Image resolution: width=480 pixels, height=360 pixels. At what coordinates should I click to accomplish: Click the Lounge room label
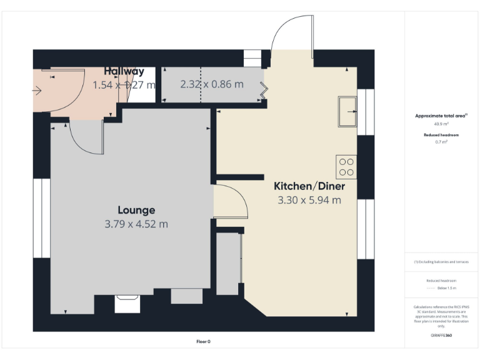click(136, 210)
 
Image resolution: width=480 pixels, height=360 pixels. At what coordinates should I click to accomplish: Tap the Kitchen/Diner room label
click(309, 186)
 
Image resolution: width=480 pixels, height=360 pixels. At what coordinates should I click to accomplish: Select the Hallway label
click(124, 71)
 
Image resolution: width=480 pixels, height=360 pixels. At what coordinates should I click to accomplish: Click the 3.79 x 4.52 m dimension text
click(136, 224)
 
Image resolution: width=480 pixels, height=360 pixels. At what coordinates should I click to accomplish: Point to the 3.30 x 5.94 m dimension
click(309, 200)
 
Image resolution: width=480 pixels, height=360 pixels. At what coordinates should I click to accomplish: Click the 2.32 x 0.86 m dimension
click(212, 84)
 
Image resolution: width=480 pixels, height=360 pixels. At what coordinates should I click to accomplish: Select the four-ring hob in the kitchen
click(346, 166)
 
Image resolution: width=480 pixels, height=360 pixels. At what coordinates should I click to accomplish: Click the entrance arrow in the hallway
click(37, 91)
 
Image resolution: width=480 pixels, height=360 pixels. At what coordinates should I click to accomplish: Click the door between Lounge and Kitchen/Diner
click(229, 201)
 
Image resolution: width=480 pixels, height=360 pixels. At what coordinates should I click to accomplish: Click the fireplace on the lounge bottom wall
click(128, 304)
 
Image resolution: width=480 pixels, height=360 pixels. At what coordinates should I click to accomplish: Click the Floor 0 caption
click(203, 341)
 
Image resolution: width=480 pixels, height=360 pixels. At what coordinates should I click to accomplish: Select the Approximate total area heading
click(441, 116)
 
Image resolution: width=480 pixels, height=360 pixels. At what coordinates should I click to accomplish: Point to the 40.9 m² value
click(441, 124)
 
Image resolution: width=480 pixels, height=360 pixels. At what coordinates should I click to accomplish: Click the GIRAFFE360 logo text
click(441, 336)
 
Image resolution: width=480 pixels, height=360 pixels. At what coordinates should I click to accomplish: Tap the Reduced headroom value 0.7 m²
click(441, 142)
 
